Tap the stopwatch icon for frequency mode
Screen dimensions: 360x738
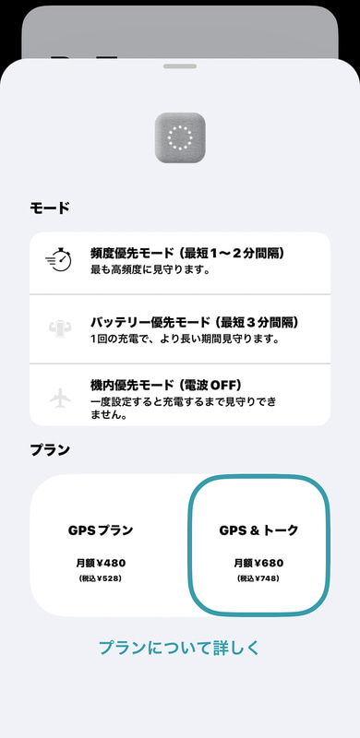pos(58,260)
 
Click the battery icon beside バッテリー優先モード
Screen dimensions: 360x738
pos(58,327)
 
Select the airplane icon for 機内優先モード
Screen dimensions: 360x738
pos(58,398)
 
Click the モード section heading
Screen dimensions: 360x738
pos(50,208)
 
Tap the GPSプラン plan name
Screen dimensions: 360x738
pos(101,530)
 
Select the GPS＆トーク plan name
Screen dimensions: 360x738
pos(258,530)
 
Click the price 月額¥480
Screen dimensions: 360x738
pos(101,562)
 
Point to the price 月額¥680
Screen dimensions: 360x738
pos(258,562)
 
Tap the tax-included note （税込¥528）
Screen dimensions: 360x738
pos(101,579)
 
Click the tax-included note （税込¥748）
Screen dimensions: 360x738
pos(258,579)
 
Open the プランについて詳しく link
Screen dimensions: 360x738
pos(180,647)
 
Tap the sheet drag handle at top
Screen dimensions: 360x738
pos(180,66)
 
